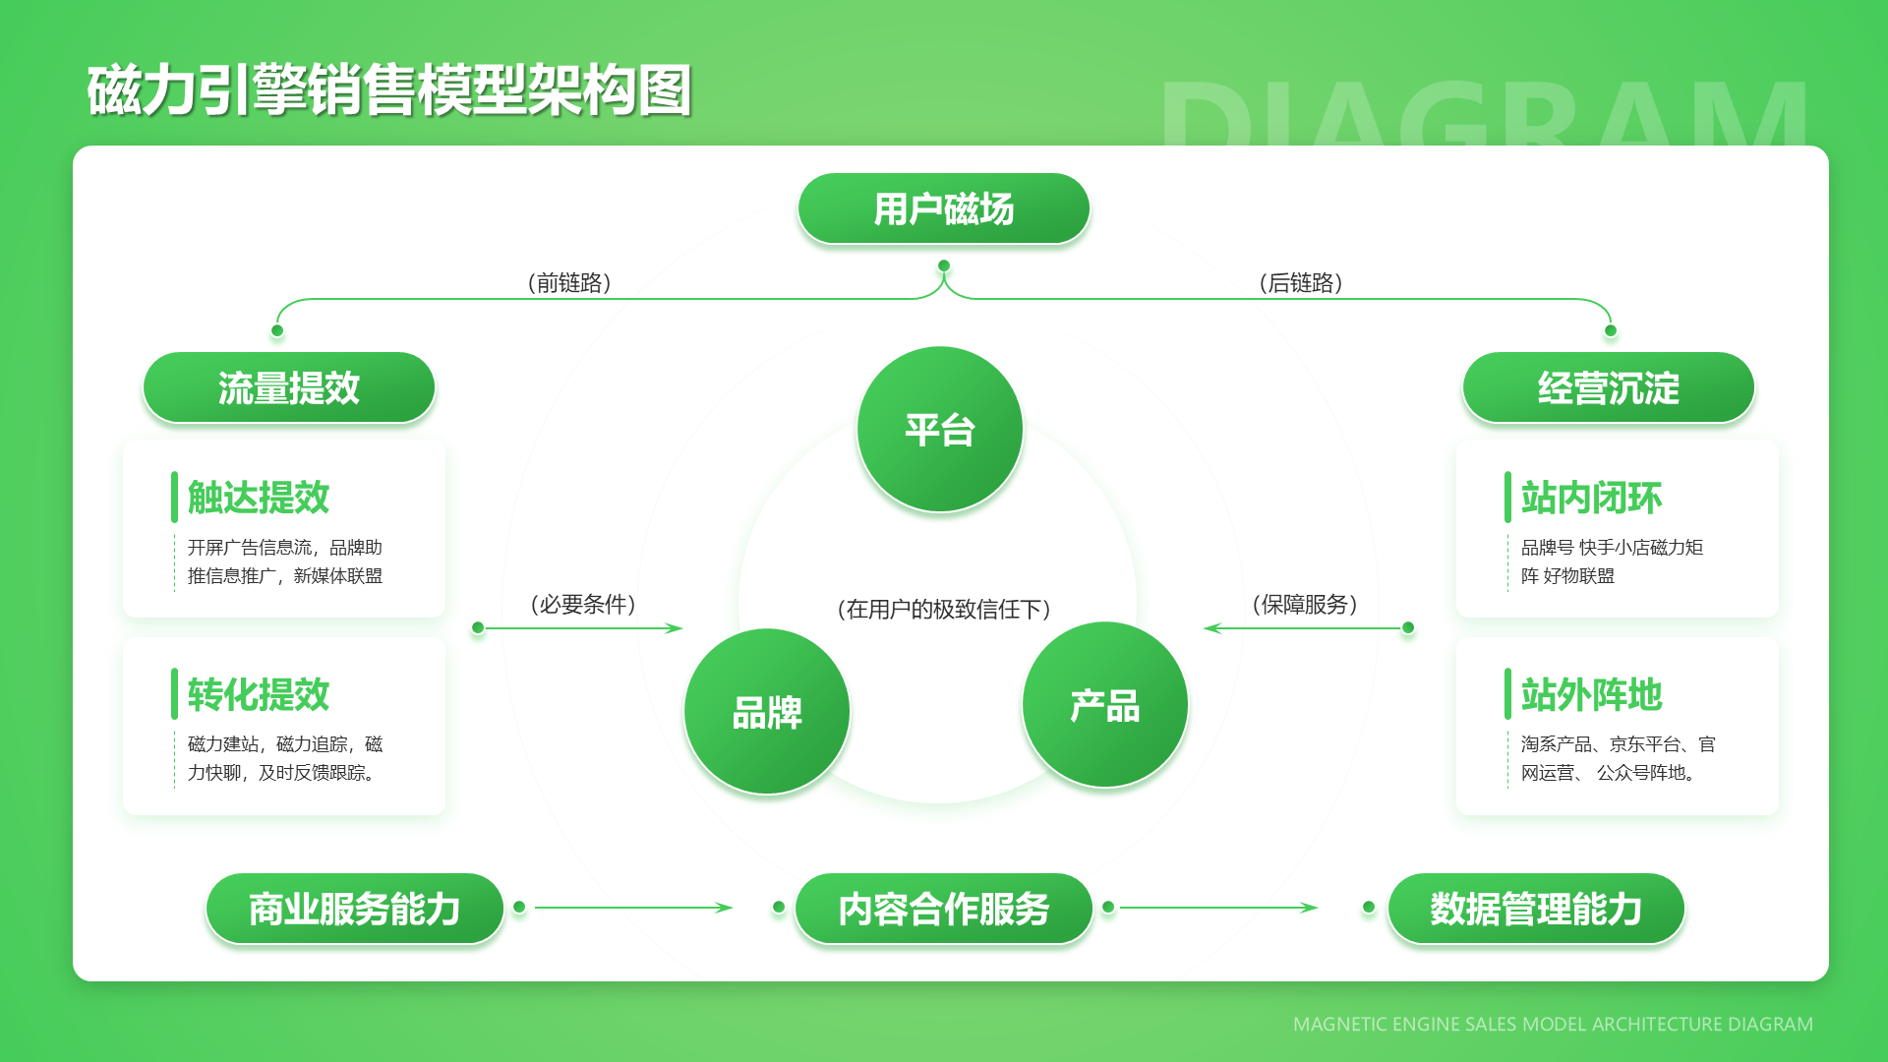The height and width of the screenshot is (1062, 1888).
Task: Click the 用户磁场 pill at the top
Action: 943,209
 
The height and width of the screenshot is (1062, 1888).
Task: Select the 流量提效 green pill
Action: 289,388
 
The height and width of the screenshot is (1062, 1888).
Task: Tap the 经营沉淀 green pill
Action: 1608,388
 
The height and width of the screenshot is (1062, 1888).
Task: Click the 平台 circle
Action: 940,430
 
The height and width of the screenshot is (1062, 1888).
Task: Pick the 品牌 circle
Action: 767,712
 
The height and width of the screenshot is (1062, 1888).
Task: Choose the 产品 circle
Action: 1105,705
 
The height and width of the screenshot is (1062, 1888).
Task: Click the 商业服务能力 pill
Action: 354,909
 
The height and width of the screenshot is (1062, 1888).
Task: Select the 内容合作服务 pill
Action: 943,909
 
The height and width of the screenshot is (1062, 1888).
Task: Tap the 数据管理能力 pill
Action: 1535,909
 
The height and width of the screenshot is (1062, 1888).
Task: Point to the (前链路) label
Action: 569,283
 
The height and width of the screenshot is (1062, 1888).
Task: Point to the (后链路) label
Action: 1301,283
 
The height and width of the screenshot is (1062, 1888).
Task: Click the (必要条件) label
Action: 583,604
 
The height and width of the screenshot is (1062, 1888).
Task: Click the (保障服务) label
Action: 1305,604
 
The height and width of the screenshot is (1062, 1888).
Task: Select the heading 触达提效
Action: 259,498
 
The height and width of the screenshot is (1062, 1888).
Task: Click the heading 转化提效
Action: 259,694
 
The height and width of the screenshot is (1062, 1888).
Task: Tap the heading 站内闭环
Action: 1591,498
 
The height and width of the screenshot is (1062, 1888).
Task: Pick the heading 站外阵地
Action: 1591,694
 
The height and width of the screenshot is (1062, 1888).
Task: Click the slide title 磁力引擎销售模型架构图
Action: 389,90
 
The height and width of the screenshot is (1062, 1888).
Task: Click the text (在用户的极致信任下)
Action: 944,609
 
